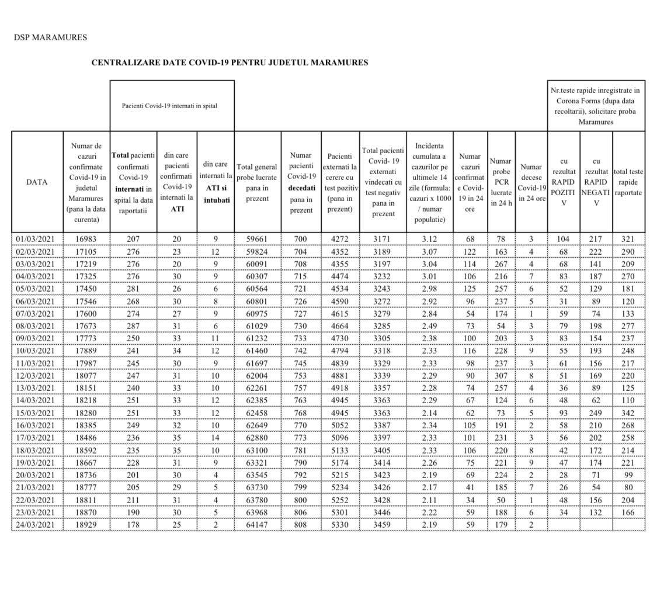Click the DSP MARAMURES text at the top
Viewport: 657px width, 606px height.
click(50, 37)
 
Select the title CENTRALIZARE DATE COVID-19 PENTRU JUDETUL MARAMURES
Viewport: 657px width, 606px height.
click(230, 63)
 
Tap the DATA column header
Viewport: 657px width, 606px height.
click(37, 182)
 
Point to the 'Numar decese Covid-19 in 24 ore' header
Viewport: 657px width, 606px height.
click(531, 182)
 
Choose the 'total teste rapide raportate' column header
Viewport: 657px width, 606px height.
click(628, 182)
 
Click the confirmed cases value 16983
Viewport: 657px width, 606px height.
click(86, 239)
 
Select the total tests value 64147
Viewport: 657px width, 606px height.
click(257, 525)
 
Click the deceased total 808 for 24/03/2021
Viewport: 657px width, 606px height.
click(301, 525)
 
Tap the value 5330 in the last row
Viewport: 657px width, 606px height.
click(340, 525)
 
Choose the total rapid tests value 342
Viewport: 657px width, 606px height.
click(628, 413)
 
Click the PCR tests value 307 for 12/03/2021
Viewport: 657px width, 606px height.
click(501, 376)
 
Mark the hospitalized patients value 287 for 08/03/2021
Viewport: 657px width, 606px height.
click(133, 326)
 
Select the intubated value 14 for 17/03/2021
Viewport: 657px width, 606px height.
click(215, 438)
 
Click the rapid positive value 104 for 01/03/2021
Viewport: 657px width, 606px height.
click(564, 239)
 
